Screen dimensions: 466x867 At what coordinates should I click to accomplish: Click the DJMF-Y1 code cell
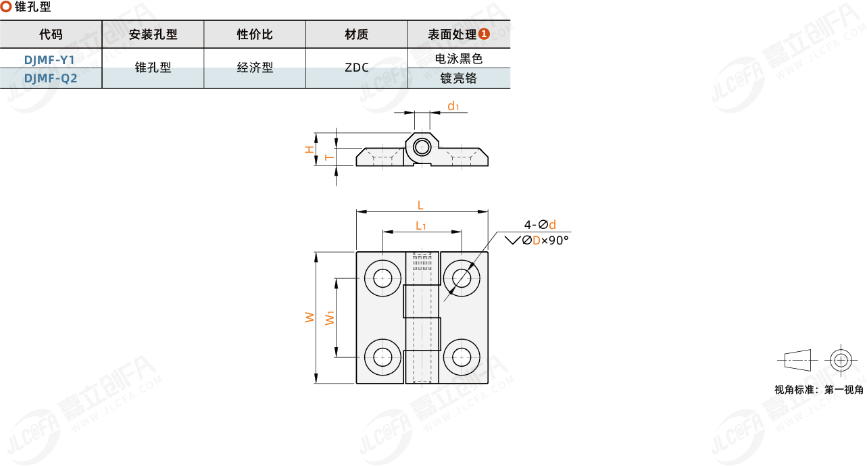coord(51,59)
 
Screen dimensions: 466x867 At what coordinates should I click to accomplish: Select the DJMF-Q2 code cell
coord(51,78)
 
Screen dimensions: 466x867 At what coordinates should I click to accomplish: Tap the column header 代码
coord(51,34)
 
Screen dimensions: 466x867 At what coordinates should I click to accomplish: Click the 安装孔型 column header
coord(153,34)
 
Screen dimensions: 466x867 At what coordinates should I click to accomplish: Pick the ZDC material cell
coord(356,68)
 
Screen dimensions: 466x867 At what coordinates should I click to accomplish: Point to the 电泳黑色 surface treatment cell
coord(459,59)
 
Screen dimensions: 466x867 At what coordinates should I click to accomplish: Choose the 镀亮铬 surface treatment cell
coord(459,78)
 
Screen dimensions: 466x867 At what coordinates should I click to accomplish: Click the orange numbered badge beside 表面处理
coord(484,34)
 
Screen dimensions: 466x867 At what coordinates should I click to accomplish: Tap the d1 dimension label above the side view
coord(453,106)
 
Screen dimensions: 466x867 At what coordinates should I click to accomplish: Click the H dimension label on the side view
coord(309,149)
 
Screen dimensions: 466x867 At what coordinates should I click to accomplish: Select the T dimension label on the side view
coord(328,157)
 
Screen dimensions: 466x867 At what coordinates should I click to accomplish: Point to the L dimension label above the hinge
coord(420,205)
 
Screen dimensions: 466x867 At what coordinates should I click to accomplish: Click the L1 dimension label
coord(420,225)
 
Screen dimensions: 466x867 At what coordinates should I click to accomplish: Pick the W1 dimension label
coord(330,317)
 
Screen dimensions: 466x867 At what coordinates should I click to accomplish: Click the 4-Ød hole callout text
coord(540,225)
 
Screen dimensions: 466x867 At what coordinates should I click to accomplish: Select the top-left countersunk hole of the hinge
coord(383,278)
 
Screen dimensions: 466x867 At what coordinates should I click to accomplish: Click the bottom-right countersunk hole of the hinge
coord(462,356)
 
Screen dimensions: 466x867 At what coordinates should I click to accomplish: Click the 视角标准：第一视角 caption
coord(818,390)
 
